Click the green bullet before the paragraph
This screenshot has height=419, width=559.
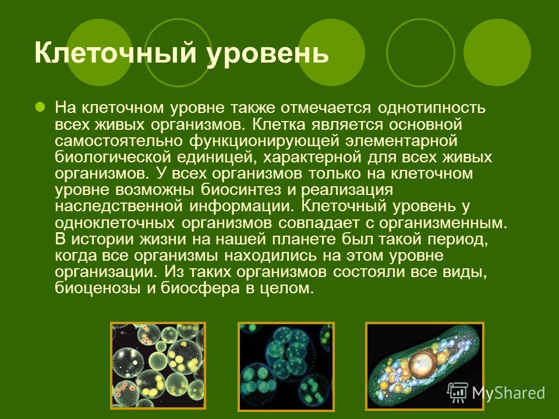pyautogui.click(x=40, y=106)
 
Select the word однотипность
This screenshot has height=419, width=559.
pyautogui.click(x=431, y=107)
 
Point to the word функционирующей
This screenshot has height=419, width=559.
pyautogui.click(x=264, y=141)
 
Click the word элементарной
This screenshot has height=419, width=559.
pyautogui.click(x=401, y=140)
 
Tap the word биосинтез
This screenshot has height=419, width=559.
pyautogui.click(x=241, y=190)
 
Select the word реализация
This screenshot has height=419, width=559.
pyautogui.click(x=347, y=190)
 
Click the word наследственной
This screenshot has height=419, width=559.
pyautogui.click(x=119, y=206)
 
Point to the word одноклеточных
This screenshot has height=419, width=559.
pyautogui.click(x=115, y=223)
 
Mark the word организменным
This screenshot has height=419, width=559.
pyautogui.click(x=443, y=223)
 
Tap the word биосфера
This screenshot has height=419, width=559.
pyautogui.click(x=200, y=288)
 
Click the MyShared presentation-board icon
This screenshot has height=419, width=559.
pyautogui.click(x=458, y=393)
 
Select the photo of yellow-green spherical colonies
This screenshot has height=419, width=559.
pyautogui.click(x=158, y=365)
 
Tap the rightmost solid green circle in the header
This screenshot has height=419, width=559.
pyautogui.click(x=497, y=52)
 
